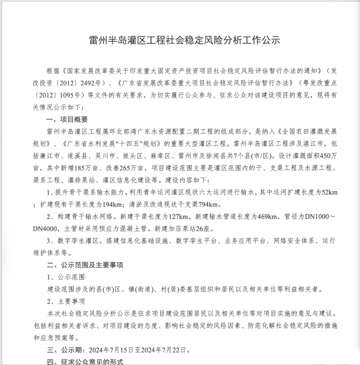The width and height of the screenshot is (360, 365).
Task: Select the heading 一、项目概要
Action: [x=68, y=119]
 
